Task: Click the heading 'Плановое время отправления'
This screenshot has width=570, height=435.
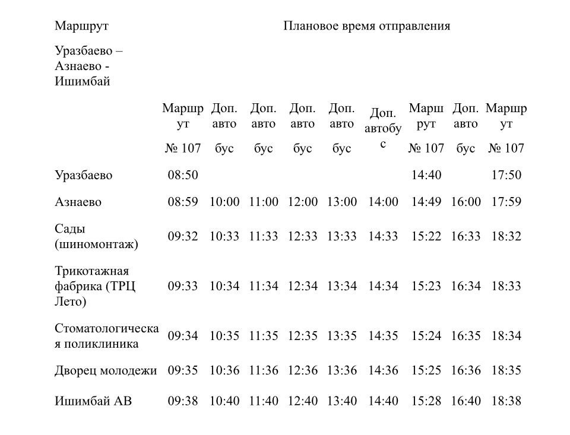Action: pos(366,26)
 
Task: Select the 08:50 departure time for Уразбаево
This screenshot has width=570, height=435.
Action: pos(183,175)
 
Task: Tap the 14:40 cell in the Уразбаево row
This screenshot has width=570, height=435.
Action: pos(426,175)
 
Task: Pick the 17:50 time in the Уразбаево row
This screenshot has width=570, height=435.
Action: pos(506,175)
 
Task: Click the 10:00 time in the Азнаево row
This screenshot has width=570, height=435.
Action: pos(224,202)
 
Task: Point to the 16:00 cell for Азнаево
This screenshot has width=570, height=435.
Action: pos(465,202)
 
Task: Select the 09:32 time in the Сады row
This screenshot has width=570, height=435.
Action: pos(183,236)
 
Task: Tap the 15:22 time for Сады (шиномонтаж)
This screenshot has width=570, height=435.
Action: pos(426,236)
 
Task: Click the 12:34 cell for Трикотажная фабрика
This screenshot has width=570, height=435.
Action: pos(303,286)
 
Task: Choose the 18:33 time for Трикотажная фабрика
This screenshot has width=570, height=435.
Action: pos(506,286)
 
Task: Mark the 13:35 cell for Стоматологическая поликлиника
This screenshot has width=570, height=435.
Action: pos(342,336)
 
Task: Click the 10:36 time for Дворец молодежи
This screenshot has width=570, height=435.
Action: pos(224,370)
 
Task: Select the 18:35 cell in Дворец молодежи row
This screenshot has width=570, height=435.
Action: pos(506,370)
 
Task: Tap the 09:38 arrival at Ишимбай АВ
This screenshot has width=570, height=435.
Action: pos(183,401)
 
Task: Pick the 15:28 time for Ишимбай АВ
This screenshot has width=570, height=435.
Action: pos(426,401)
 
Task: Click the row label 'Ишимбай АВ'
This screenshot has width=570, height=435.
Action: pos(93,401)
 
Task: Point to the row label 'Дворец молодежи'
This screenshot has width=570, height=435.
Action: pos(106,370)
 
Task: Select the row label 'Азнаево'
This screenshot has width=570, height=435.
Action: pos(78,202)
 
